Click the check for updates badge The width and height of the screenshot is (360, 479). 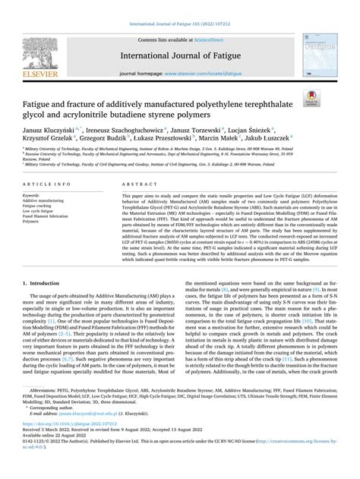pyautogui.click(x=331, y=97)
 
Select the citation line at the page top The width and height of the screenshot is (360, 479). pyautogui.click(x=179, y=5)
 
